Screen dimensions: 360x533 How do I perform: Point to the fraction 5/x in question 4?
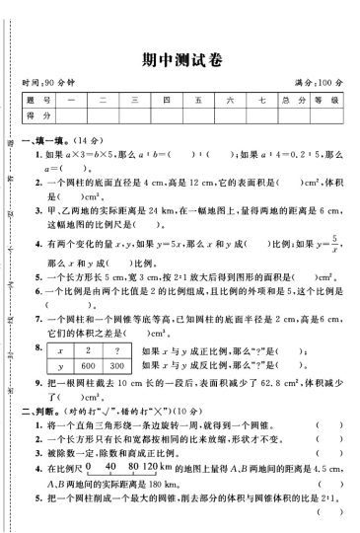(x=334, y=237)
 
